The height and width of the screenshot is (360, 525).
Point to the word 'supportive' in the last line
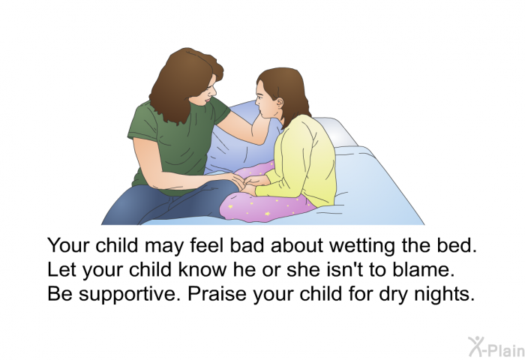(x=127, y=295)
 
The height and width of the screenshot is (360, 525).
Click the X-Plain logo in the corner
(x=496, y=346)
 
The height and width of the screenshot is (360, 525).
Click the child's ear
(x=279, y=103)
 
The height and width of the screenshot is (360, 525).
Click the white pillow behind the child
(x=334, y=131)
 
